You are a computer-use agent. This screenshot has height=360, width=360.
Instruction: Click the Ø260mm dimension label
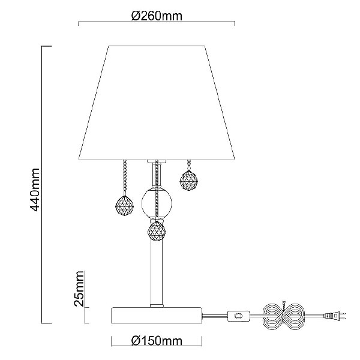pyautogui.click(x=157, y=16)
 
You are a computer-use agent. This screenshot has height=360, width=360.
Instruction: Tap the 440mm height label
pyautogui.click(x=35, y=190)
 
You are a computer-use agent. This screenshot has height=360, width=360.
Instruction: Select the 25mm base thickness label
pyautogui.click(x=79, y=289)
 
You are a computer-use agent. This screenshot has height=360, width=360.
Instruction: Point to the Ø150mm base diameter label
pyautogui.click(x=157, y=341)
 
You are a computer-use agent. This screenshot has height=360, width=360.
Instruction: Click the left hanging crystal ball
pyautogui.click(x=124, y=206)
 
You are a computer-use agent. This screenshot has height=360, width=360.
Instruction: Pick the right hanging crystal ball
pyautogui.click(x=189, y=181)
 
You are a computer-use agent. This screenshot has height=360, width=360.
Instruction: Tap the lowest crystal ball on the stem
pyautogui.click(x=157, y=231)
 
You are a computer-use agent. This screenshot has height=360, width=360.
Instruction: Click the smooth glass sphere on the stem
pyautogui.click(x=157, y=203)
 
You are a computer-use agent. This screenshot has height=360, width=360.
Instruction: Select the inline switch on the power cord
pyautogui.click(x=238, y=316)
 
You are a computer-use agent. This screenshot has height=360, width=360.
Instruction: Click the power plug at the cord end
pyautogui.click(x=334, y=316)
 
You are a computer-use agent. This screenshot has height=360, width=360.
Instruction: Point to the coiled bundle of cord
pyautogui.click(x=284, y=316)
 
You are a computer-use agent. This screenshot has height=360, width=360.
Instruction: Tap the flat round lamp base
pyautogui.click(x=157, y=315)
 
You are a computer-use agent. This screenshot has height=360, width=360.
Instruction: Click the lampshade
pyautogui.click(x=157, y=103)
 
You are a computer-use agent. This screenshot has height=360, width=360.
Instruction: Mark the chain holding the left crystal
pyautogui.click(x=125, y=178)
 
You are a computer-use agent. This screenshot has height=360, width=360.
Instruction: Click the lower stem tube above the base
pyautogui.click(x=157, y=273)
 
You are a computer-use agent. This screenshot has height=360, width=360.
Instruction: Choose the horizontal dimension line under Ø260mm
pyautogui.click(x=157, y=22)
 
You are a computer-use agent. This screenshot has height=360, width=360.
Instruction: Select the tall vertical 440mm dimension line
pyautogui.click(x=42, y=185)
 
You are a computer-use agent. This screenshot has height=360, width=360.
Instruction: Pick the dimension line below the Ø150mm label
pyautogui.click(x=157, y=346)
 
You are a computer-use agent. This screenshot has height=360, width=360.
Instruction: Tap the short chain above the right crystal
pyautogui.click(x=189, y=166)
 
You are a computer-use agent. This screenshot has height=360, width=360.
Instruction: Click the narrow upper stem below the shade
pyautogui.click(x=157, y=174)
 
